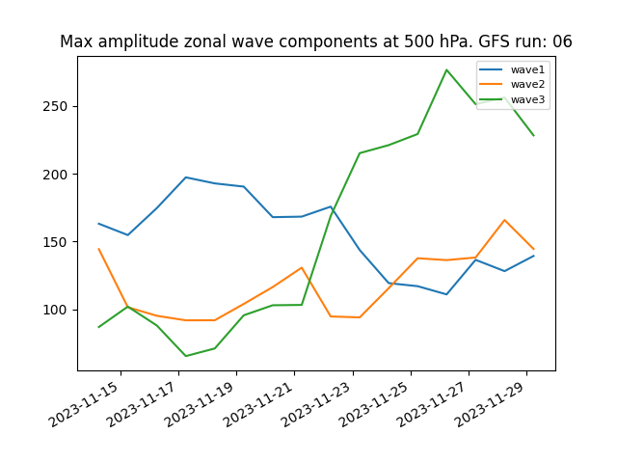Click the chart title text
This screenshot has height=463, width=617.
pos(316,41)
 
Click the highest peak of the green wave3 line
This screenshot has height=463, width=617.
pos(446,69)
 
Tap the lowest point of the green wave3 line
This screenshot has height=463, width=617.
pos(185,356)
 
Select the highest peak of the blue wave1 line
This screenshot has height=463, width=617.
pos(185,177)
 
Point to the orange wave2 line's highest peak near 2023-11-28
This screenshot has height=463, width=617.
pos(504,220)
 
